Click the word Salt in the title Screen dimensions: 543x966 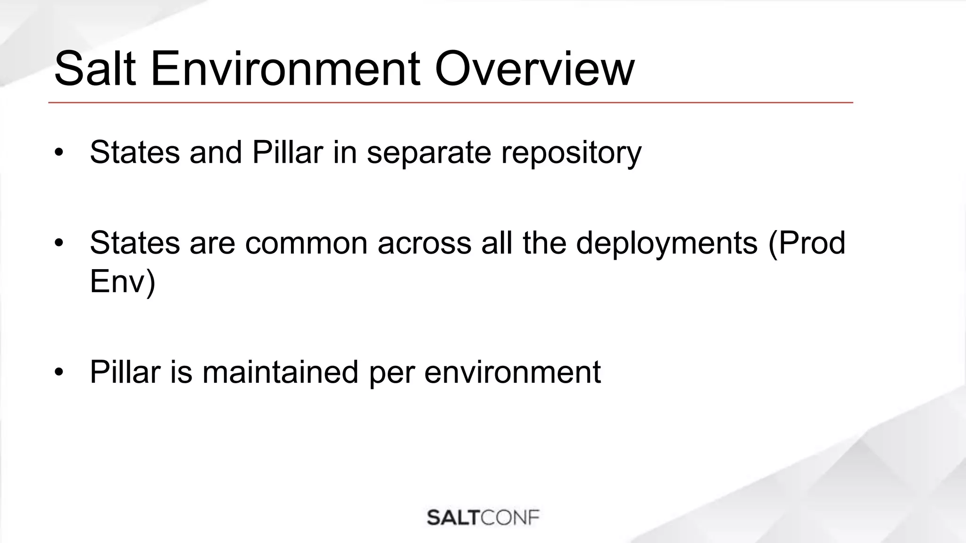click(x=95, y=70)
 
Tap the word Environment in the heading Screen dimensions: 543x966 click(x=285, y=70)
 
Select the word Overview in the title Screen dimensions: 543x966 click(x=534, y=70)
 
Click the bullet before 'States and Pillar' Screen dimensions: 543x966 click(x=58, y=153)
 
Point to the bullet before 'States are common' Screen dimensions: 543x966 click(x=58, y=243)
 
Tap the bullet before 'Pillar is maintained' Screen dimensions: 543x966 click(x=58, y=372)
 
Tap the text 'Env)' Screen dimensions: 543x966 click(x=122, y=282)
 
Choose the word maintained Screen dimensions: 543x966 click(x=280, y=372)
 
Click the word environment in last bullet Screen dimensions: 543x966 click(x=512, y=372)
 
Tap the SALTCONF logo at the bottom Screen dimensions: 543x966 click(x=483, y=518)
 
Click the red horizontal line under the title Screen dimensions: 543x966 click(x=450, y=102)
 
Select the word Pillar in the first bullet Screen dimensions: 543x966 click(x=288, y=153)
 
